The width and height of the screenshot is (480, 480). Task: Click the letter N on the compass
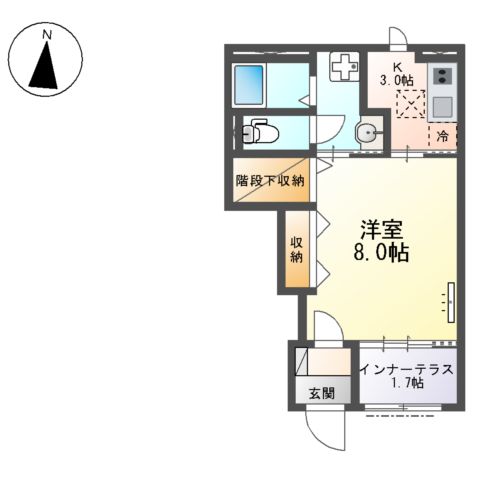point(48,35)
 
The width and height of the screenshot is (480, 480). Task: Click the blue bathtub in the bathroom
point(249,85)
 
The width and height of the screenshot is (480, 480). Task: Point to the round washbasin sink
point(369,133)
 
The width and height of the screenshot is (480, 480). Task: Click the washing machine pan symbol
point(344,66)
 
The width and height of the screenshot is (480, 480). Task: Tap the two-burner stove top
point(442,76)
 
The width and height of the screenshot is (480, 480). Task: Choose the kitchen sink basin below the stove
point(442,106)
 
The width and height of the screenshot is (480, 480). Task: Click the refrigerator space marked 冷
point(442,136)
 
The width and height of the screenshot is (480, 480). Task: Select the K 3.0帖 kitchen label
point(397,74)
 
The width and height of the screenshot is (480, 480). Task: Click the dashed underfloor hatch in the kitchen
point(411,104)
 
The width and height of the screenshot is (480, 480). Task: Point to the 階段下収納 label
point(270,181)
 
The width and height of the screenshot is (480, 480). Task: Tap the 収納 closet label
point(296,249)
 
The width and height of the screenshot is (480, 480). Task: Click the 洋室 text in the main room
point(381,230)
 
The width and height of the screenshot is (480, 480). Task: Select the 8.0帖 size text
point(381,254)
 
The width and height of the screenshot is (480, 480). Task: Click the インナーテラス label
point(407,370)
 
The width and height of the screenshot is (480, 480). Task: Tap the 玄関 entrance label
point(321,394)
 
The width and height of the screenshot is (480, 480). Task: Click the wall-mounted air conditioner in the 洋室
point(451,303)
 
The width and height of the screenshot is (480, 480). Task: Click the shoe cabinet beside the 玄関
point(301,361)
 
